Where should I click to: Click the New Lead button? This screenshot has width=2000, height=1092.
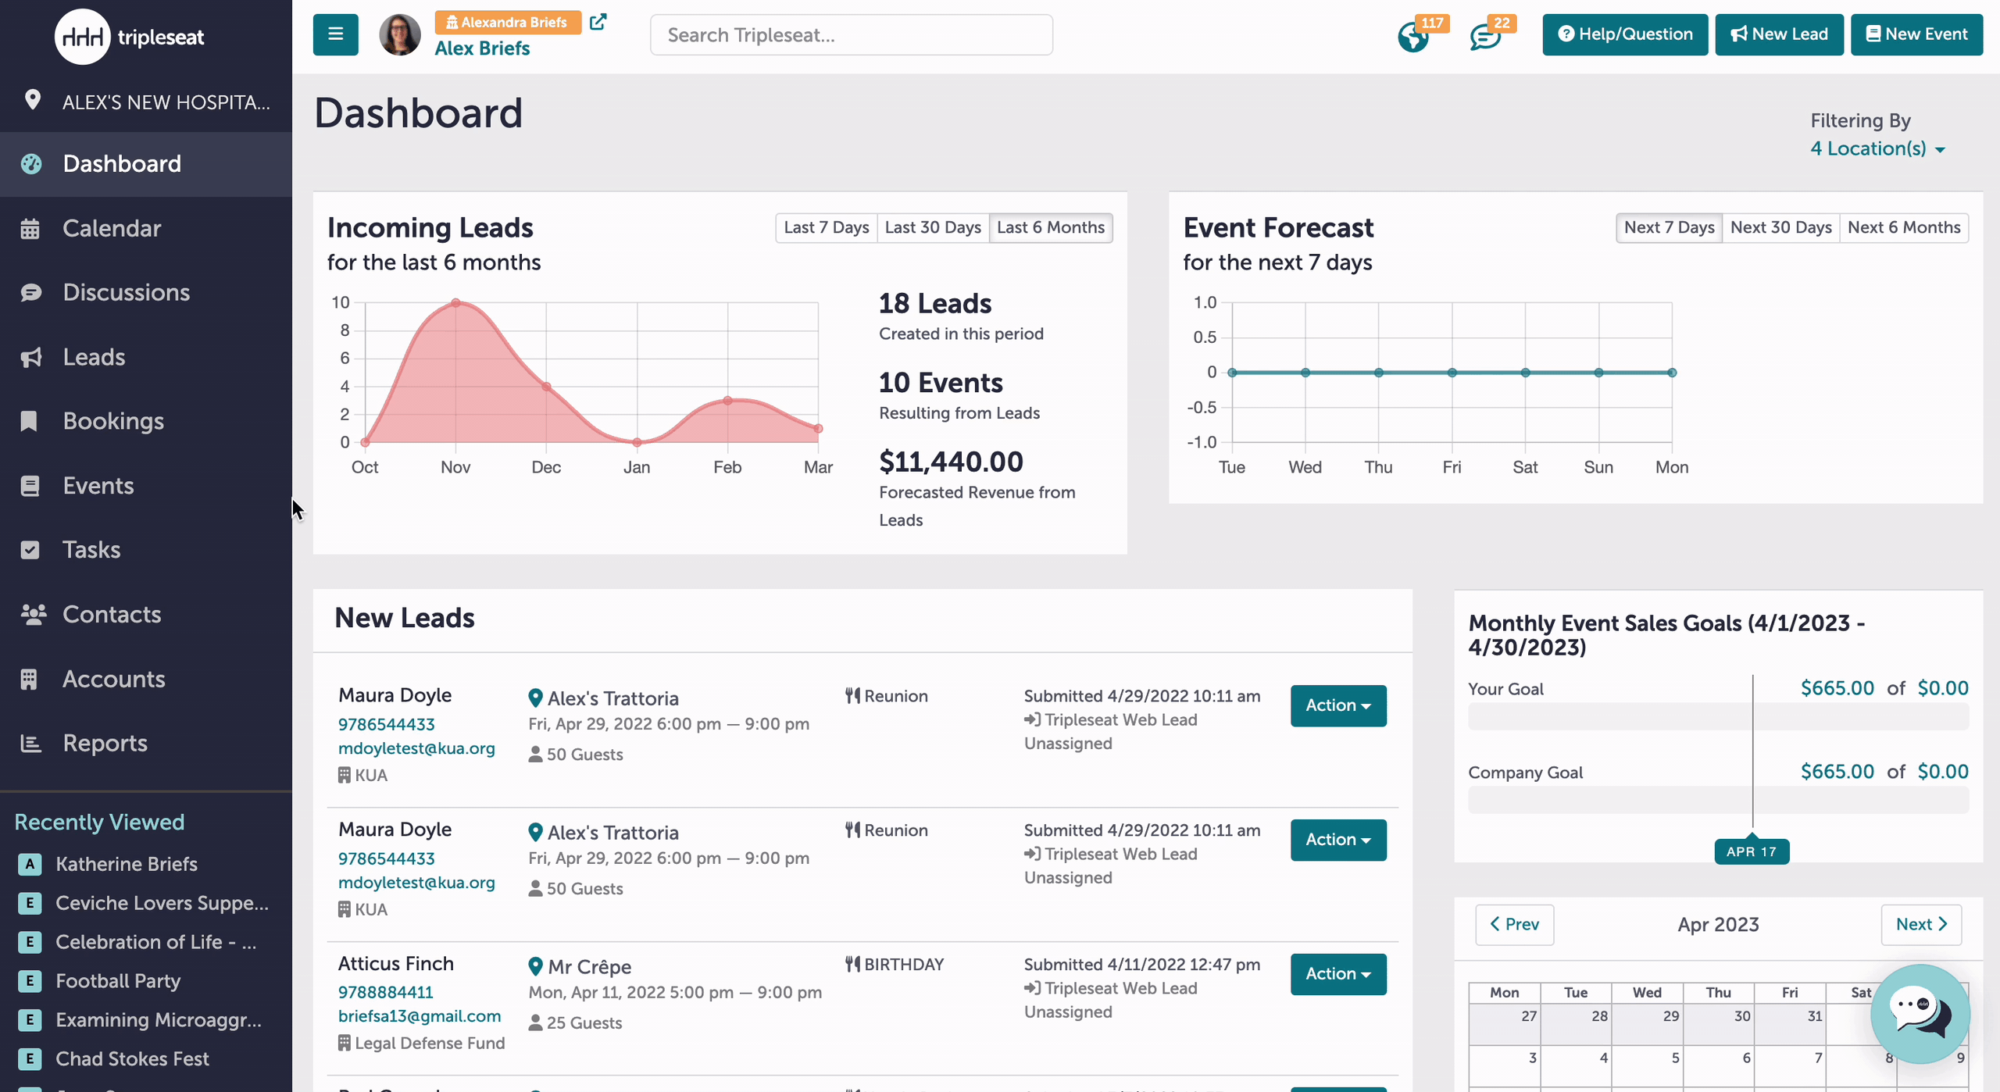pos(1779,34)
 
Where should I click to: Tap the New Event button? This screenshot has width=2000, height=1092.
pos(1916,34)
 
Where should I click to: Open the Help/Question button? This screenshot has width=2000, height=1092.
pos(1625,34)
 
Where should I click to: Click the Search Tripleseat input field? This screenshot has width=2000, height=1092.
pos(851,35)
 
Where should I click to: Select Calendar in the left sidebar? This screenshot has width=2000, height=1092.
pos(112,228)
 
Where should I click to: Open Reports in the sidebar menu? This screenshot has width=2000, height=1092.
pos(105,743)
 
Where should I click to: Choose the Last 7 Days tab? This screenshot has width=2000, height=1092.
pos(827,227)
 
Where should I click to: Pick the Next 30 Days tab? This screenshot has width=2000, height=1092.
pos(1781,227)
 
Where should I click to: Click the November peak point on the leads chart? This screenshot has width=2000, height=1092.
pos(455,302)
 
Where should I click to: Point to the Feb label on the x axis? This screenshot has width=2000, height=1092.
pos(727,467)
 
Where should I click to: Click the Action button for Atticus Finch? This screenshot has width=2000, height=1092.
pos(1338,974)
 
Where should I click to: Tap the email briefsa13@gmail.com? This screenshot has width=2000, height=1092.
pos(420,1016)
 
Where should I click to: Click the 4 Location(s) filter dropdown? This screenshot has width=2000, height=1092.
pos(1877,148)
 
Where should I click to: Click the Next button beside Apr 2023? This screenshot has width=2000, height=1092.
pos(1921,925)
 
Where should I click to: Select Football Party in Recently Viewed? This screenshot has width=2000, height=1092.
pos(118,981)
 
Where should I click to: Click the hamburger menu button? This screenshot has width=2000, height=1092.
pos(336,34)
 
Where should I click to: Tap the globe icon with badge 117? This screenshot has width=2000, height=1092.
pos(1413,37)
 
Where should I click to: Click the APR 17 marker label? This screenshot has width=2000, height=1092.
pos(1752,851)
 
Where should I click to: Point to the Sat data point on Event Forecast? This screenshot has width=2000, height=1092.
pos(1525,373)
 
